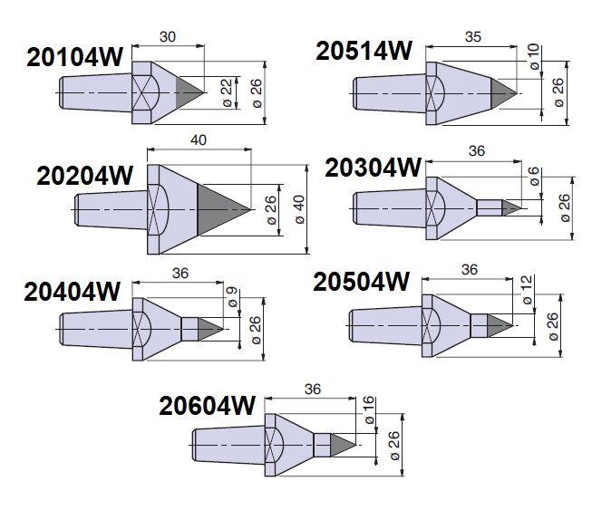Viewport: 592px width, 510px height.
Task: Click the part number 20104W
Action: pyautogui.click(x=74, y=58)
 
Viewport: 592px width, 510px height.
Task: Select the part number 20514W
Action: pyautogui.click(x=364, y=51)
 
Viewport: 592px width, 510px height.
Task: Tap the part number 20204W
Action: pyautogui.click(x=85, y=176)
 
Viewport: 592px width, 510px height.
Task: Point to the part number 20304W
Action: pyautogui.click(x=373, y=168)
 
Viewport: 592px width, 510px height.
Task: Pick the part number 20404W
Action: pyautogui.click(x=73, y=292)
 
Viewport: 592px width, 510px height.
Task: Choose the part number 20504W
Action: pyautogui.click(x=362, y=282)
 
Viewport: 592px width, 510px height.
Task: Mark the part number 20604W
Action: pyautogui.click(x=208, y=406)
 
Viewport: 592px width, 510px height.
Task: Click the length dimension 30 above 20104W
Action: pyautogui.click(x=168, y=37)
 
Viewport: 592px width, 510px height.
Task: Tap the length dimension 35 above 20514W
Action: pyautogui.click(x=473, y=37)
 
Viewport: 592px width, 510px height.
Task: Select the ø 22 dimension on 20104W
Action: pyautogui.click(x=228, y=92)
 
